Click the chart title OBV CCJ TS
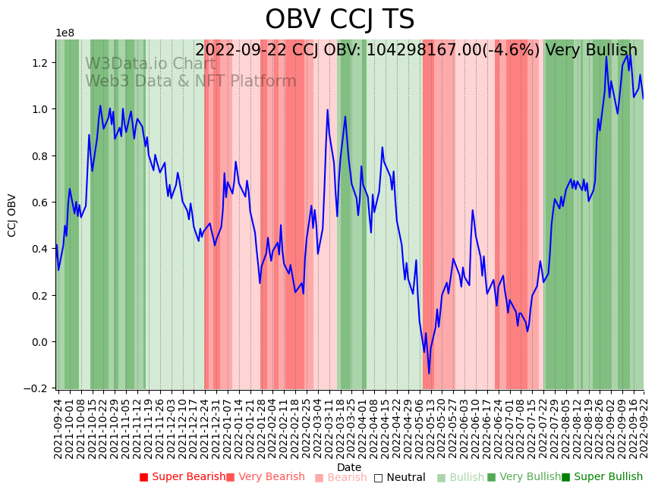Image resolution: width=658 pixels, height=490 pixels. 339,20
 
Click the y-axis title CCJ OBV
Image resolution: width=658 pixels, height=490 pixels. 12,215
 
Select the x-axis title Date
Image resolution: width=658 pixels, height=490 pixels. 349,467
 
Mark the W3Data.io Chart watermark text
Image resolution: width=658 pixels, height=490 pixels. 150,64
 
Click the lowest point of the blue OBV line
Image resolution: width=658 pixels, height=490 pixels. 429,373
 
